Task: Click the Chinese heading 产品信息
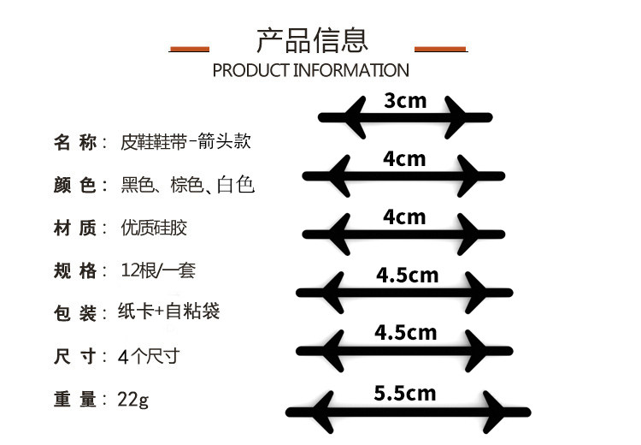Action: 312,40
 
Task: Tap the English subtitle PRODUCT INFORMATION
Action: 311,70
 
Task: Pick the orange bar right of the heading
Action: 440,49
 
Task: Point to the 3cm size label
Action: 405,101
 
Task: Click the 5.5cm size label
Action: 405,394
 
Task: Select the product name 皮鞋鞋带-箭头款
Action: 186,142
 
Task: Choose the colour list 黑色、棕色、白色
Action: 189,185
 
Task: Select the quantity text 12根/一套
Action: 159,271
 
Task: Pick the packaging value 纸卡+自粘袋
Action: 171,312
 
